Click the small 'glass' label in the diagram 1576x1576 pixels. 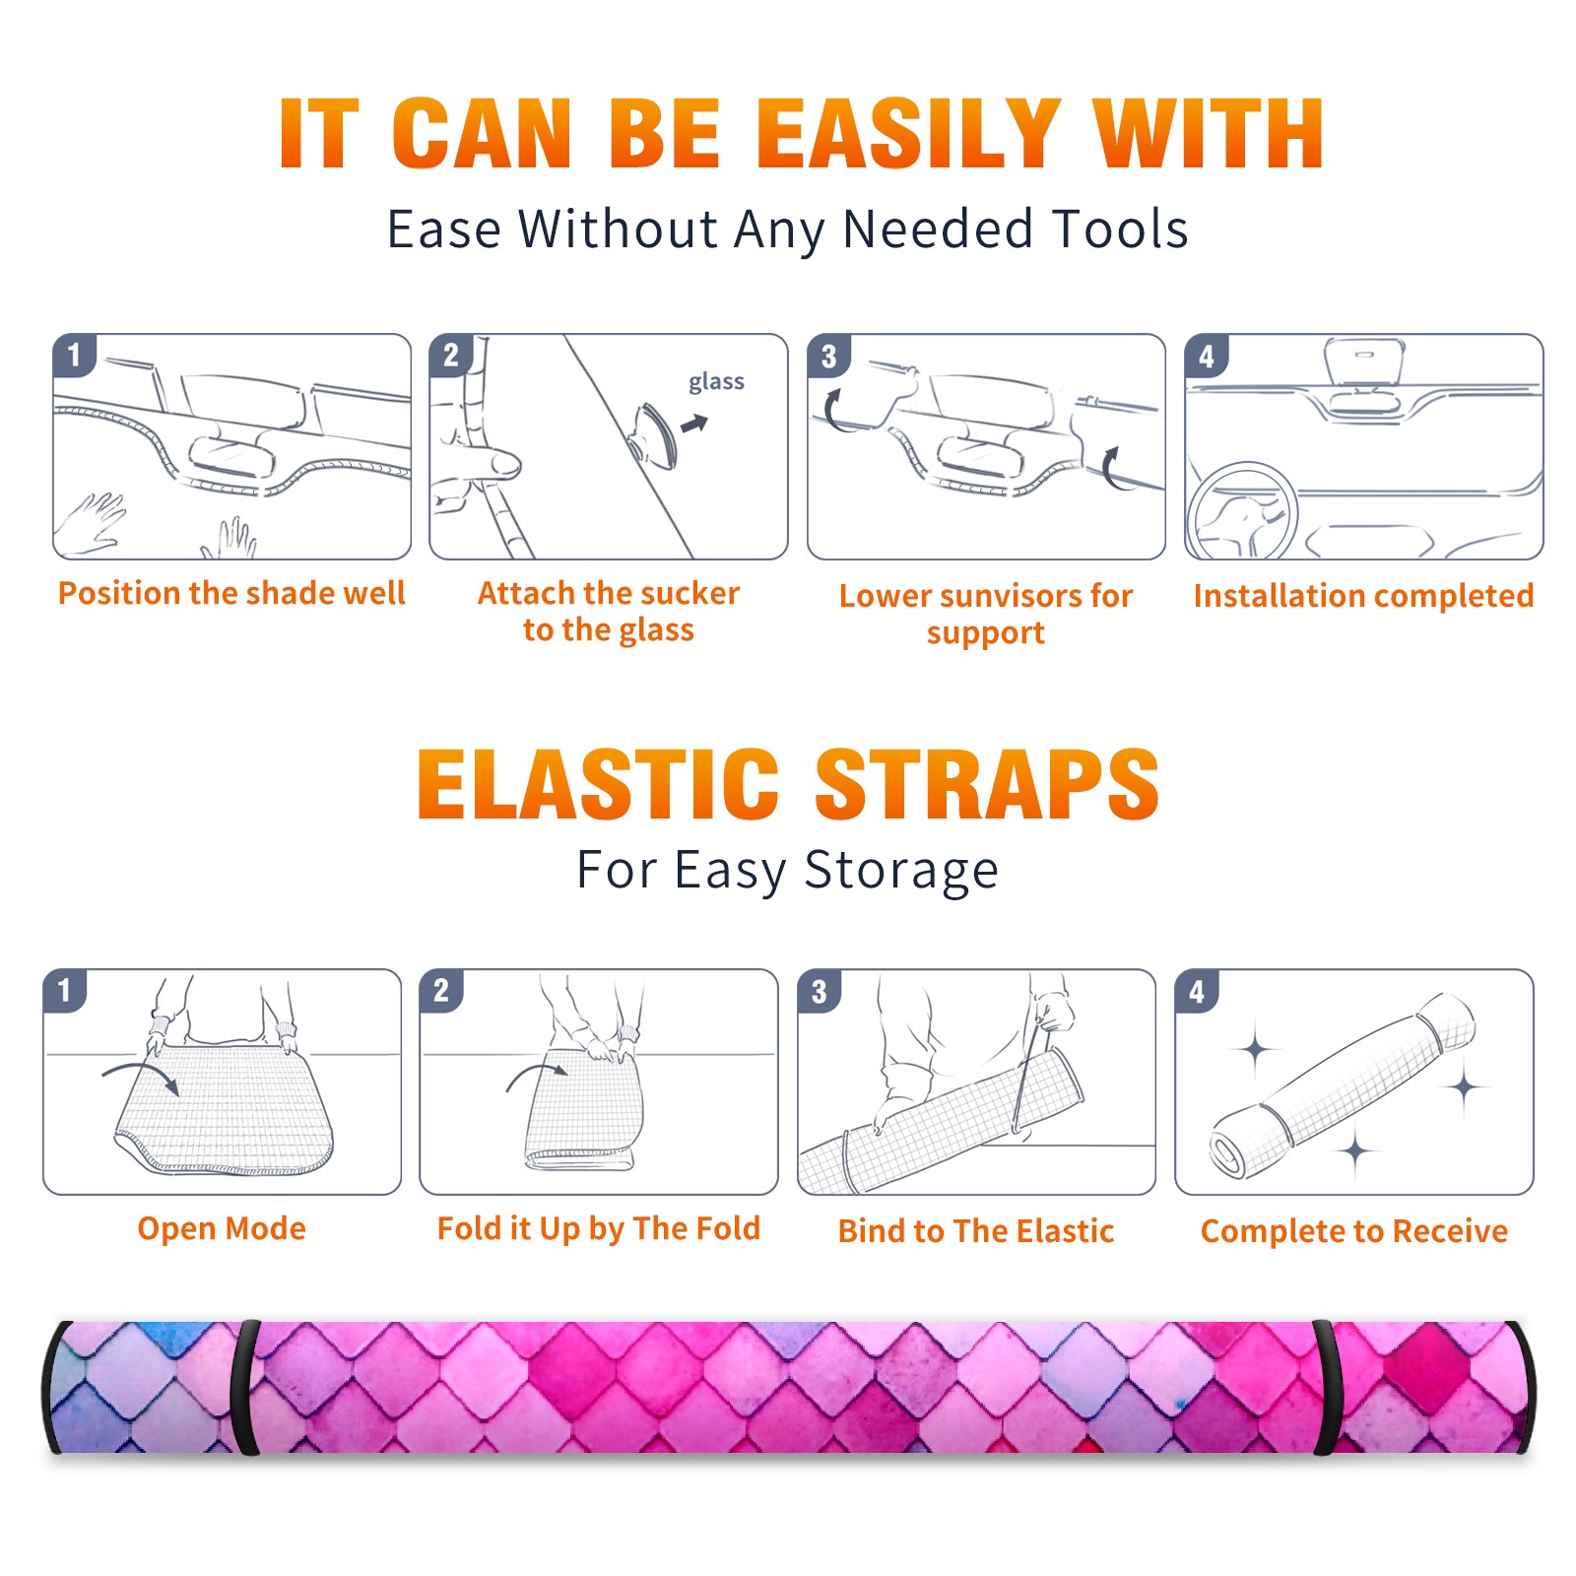716,382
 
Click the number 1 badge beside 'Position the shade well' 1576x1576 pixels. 75,355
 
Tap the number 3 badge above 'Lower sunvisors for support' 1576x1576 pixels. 828,356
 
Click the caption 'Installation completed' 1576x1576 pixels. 1363,596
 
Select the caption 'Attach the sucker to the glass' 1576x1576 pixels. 609,611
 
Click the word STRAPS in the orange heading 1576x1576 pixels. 987,784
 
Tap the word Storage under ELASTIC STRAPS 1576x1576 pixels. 901,871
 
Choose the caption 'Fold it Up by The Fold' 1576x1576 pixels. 599,1228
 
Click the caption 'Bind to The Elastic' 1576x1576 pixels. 976,1230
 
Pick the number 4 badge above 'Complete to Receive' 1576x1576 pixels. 1197,991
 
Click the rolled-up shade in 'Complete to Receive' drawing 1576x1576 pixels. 1342,1085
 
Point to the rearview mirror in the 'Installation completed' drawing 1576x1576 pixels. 1364,361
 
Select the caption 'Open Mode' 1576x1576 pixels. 222,1228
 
